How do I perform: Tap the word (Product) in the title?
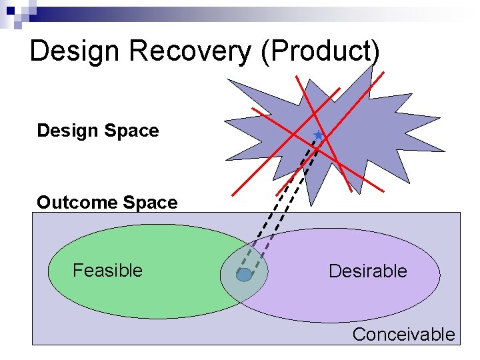point(321,51)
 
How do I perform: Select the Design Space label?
point(98,131)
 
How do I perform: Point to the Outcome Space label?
point(107,203)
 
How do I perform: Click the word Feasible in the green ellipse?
point(107,270)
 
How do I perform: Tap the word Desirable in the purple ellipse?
point(367,271)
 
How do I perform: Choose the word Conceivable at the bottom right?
point(403,335)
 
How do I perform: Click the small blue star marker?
point(318,135)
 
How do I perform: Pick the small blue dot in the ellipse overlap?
point(244,275)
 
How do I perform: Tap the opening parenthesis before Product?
point(265,52)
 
